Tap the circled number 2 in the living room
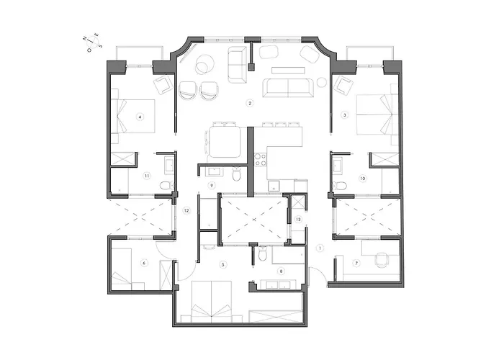[x=249, y=104]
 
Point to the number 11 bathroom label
[x=146, y=175]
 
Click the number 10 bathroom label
[x=363, y=176]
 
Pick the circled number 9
[x=212, y=185]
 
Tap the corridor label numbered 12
[x=186, y=211]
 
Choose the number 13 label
[x=298, y=218]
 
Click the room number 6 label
[x=145, y=264]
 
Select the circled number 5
[x=224, y=265]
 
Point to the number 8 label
[x=281, y=271]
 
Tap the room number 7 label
[x=356, y=263]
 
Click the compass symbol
[x=93, y=45]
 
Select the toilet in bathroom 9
[x=237, y=174]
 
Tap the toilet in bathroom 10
[x=341, y=186]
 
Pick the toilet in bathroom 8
[x=264, y=253]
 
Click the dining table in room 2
[x=225, y=138]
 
